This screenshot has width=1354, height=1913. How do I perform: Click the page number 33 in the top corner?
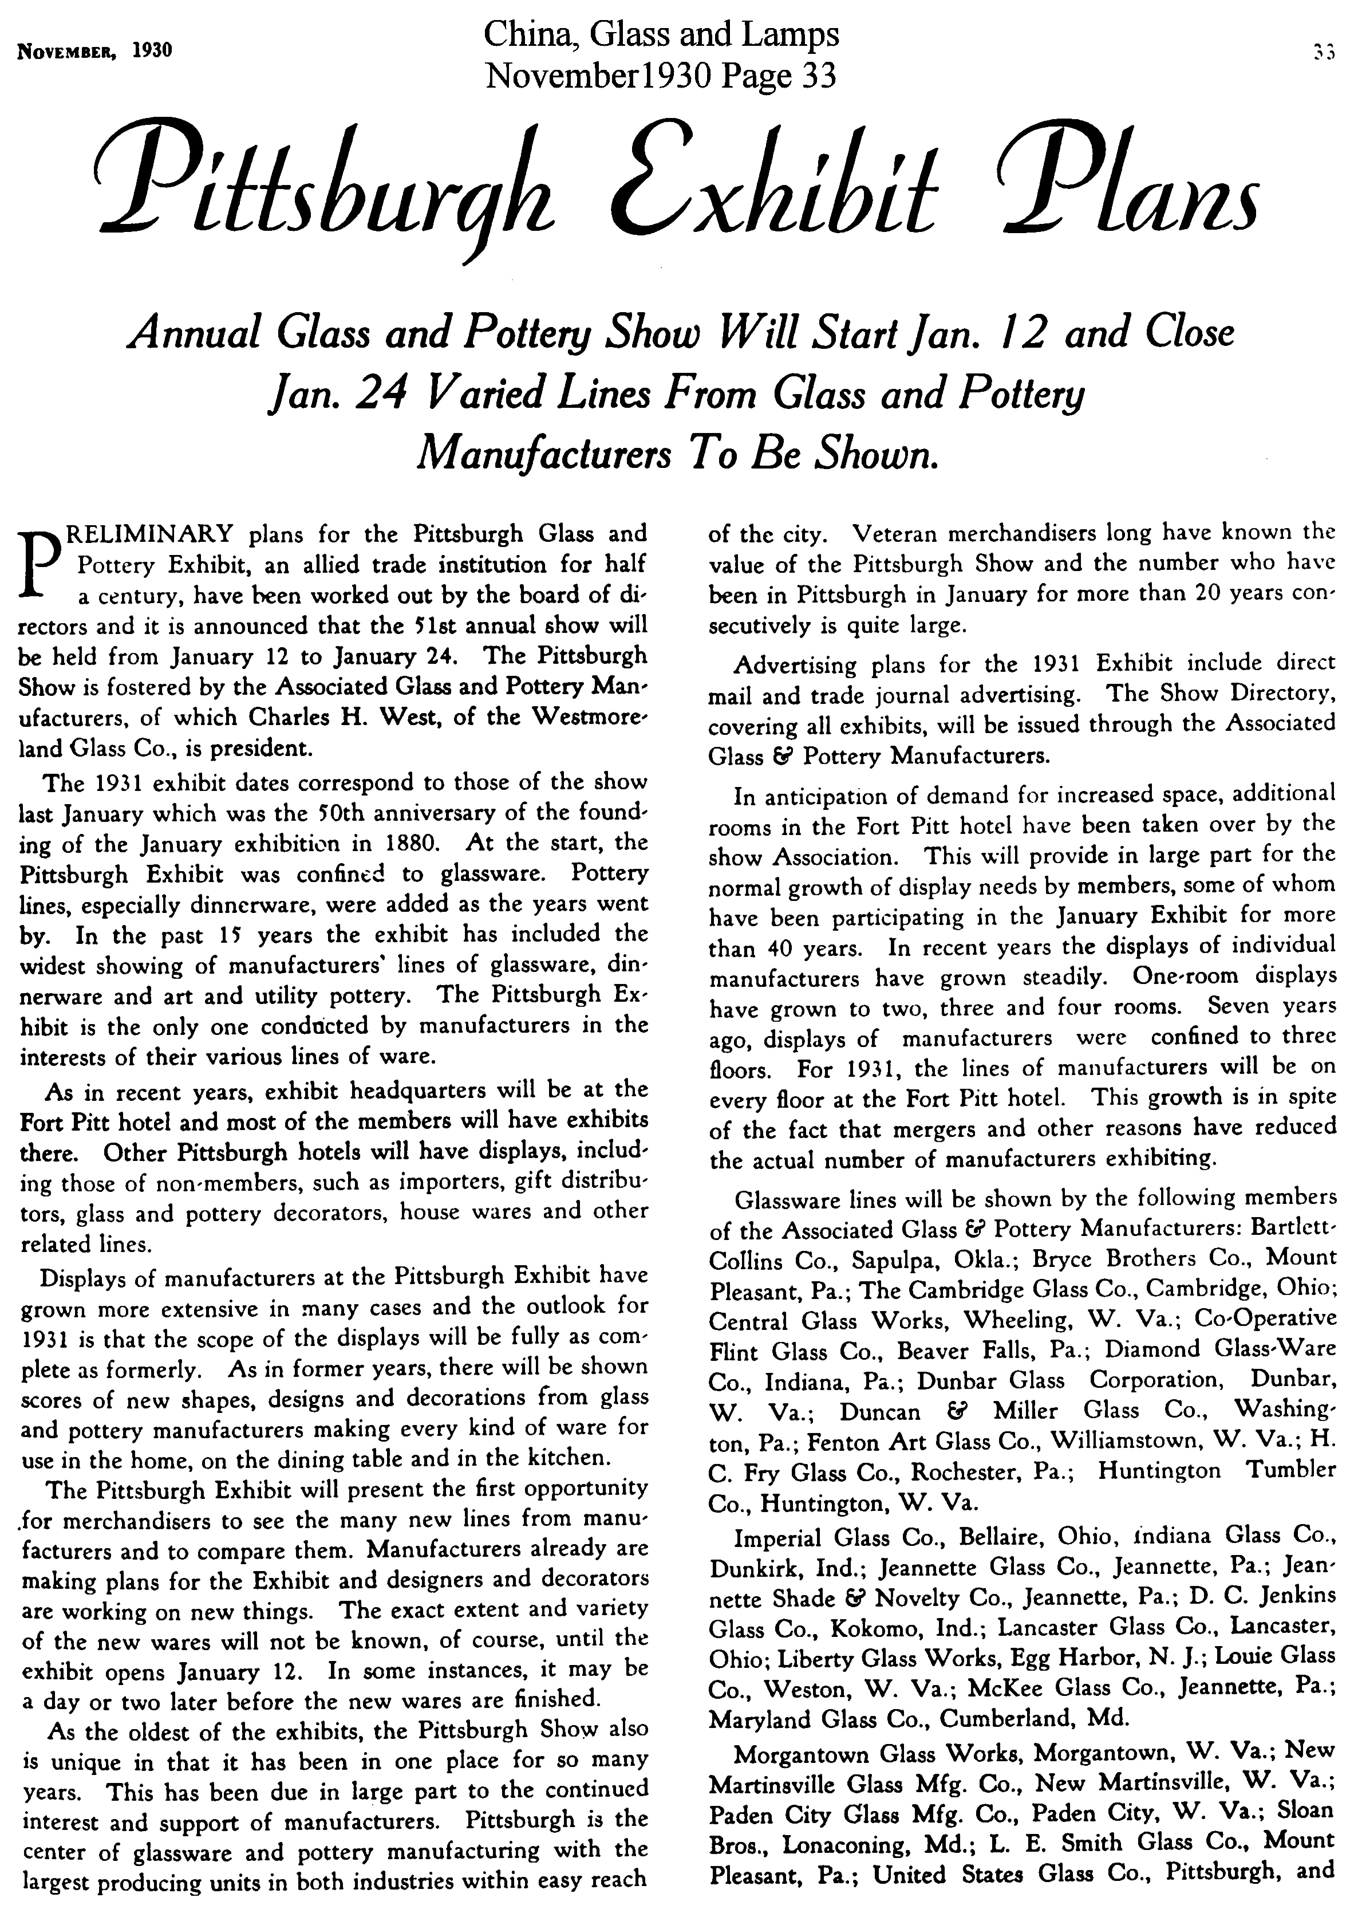click(1323, 51)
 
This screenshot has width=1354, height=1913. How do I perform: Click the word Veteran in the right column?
click(897, 532)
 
